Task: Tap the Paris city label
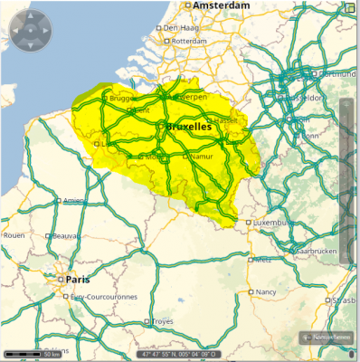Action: (78, 280)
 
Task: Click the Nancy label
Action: (266, 292)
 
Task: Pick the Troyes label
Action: (162, 321)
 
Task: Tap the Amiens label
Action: (74, 201)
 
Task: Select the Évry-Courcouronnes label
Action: (103, 296)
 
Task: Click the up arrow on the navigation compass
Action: (30, 17)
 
